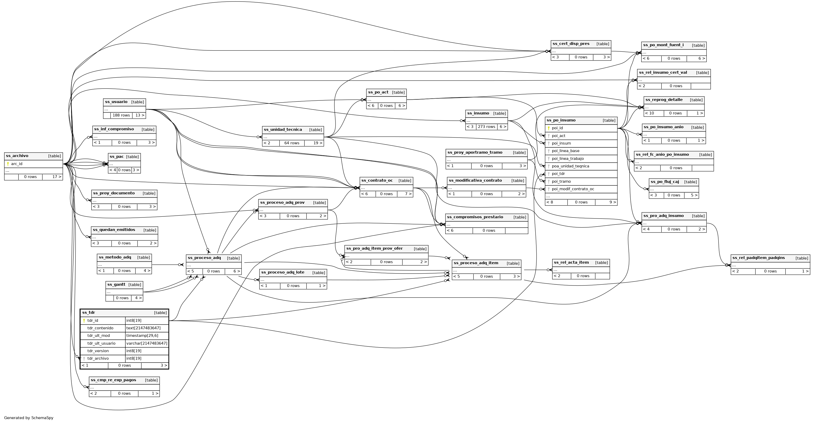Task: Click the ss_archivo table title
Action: [17, 156]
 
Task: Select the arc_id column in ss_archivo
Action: [17, 164]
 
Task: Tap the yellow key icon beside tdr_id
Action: [84, 321]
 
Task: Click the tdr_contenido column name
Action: [100, 328]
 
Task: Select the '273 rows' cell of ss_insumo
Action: [486, 127]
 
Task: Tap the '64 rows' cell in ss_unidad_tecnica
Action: [292, 143]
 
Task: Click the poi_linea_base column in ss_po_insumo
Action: [565, 151]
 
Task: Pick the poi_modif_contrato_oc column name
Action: [573, 189]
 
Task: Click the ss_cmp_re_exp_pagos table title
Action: [113, 380]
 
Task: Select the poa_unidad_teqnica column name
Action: [570, 166]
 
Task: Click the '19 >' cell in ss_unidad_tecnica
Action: [318, 143]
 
